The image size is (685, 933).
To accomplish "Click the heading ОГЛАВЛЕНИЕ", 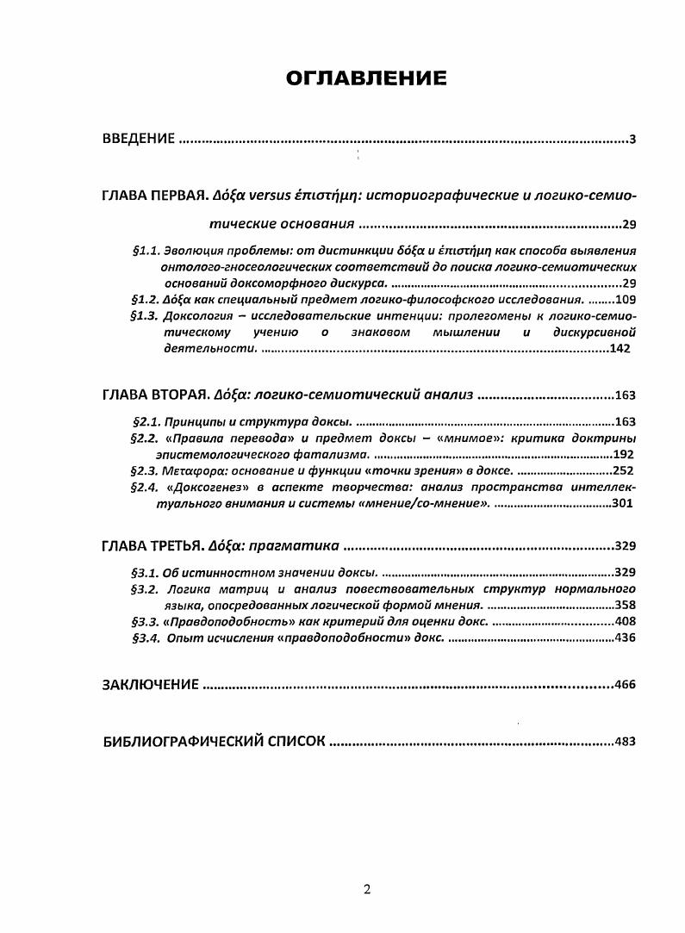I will tap(366, 79).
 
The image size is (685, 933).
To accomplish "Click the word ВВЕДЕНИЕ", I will tap(139, 139).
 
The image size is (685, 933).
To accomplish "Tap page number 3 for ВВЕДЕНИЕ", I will tap(632, 140).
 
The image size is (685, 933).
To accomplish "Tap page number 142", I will tap(620, 348).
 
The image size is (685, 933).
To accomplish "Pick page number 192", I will tap(622, 454).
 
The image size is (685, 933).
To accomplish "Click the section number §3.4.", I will tap(143, 638).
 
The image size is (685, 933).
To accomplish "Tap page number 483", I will tap(625, 741).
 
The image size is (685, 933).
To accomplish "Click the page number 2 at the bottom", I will tap(367, 890).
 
